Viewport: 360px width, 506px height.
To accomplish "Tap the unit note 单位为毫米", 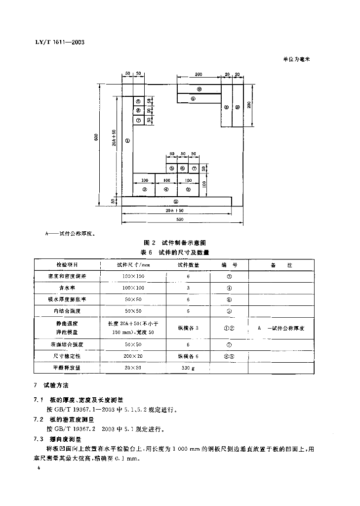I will tap(296, 59).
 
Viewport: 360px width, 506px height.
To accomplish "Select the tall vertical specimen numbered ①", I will tap(127, 141).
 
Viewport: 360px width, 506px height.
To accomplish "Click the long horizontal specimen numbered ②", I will tap(175, 202).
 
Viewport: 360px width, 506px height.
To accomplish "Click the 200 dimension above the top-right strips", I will tap(198, 75).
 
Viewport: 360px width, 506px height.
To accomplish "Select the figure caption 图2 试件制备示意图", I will tap(174, 243).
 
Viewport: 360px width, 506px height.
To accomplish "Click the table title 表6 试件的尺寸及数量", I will tap(174, 252).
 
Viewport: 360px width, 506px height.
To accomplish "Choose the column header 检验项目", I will tap(67, 265).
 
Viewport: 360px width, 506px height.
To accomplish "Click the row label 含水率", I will tap(67, 287).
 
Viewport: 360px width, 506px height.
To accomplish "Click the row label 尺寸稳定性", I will tap(67, 356).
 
